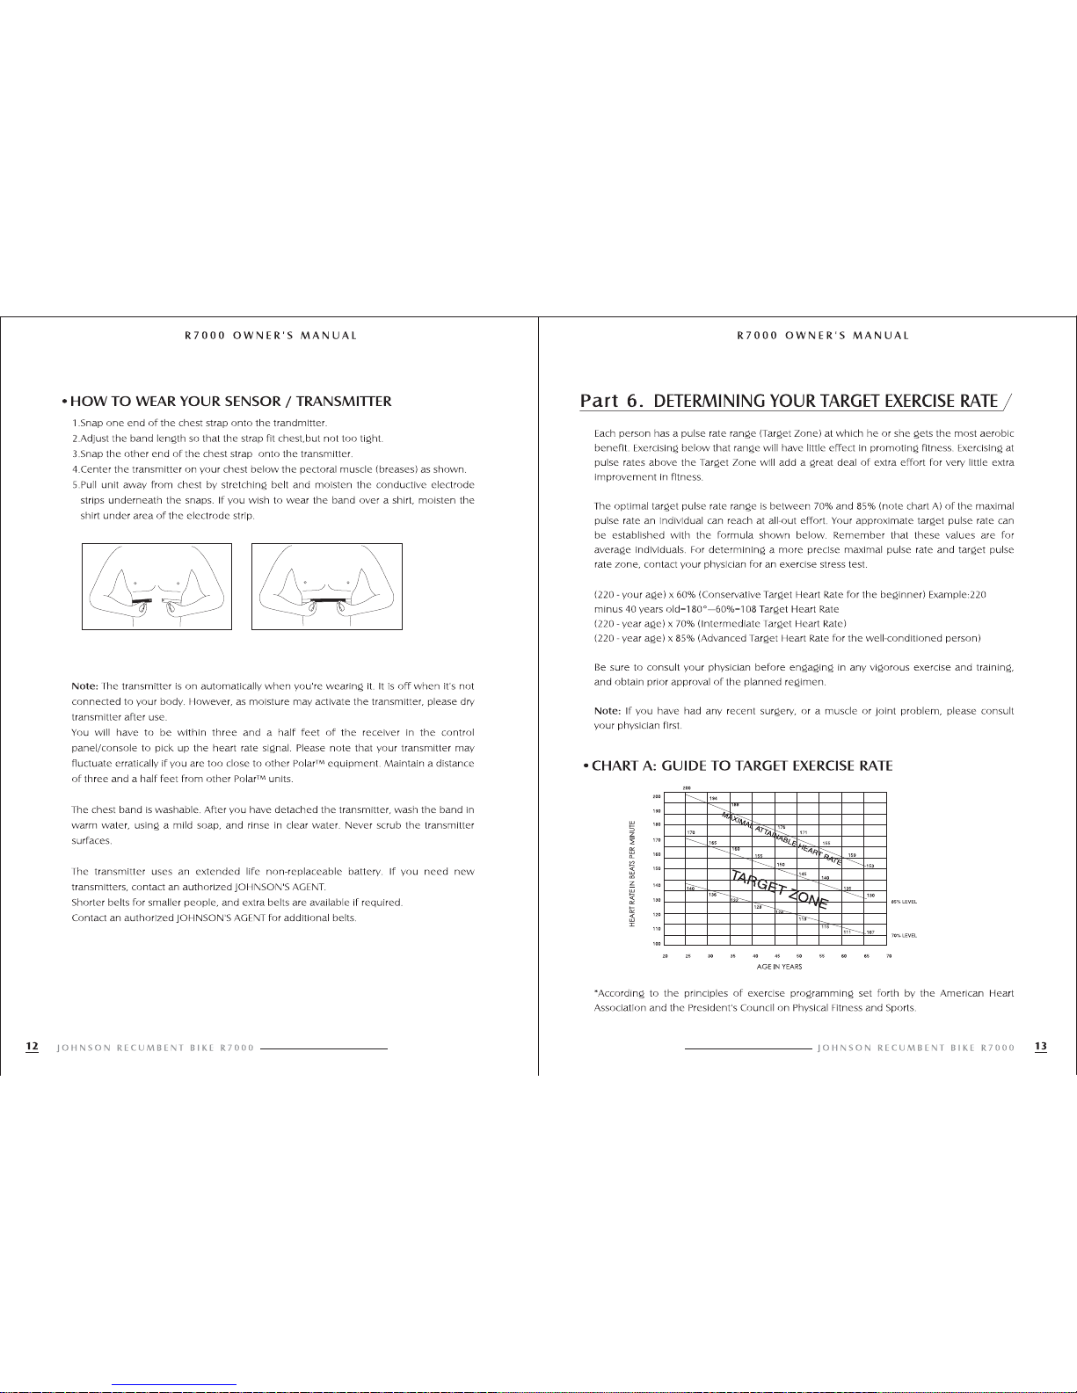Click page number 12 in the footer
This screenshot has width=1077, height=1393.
32,1047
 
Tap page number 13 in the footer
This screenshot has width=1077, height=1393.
1041,1047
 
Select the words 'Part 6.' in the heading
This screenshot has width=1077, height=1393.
613,402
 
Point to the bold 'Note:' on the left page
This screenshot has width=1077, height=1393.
85,686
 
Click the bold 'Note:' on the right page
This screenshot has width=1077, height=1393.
608,710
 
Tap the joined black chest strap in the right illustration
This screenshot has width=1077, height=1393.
326,600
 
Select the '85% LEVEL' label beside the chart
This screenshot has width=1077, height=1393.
904,902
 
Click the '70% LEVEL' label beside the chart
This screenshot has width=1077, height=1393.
904,936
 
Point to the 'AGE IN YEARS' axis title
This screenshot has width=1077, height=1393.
779,967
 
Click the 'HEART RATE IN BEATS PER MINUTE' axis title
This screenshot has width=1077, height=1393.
631,873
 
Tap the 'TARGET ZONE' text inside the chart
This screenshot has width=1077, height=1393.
779,888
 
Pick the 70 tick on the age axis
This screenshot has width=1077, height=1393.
889,955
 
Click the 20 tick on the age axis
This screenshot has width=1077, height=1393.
665,955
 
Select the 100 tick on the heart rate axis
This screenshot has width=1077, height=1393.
655,944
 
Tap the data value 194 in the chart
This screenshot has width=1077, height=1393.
713,797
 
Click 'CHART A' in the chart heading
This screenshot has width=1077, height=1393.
624,765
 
